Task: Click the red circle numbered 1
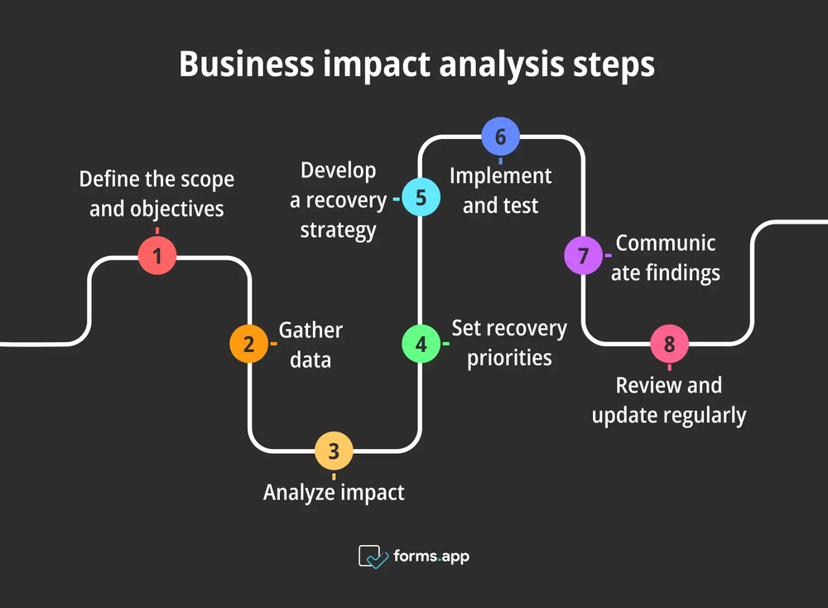pyautogui.click(x=156, y=256)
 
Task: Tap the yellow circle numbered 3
pyautogui.click(x=334, y=451)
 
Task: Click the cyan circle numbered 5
pyautogui.click(x=421, y=199)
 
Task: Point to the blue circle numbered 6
pyautogui.click(x=500, y=137)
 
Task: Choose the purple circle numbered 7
pyautogui.click(x=583, y=256)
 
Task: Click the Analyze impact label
pyautogui.click(x=334, y=492)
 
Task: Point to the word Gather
pyautogui.click(x=310, y=331)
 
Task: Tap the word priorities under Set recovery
pyautogui.click(x=509, y=358)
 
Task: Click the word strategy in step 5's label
pyautogui.click(x=338, y=229)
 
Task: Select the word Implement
pyautogui.click(x=500, y=176)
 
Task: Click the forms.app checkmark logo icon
pyautogui.click(x=373, y=556)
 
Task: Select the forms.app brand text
pyautogui.click(x=431, y=556)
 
